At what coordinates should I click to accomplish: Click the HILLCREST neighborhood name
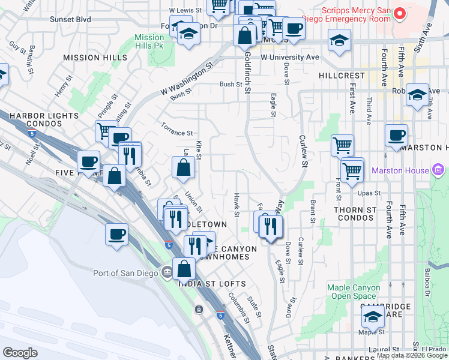(x=342, y=76)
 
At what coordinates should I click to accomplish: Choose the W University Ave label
(x=289, y=58)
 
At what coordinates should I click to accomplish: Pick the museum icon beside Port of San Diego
(x=166, y=273)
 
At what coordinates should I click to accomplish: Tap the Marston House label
(x=400, y=170)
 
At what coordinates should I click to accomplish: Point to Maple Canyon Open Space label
(x=354, y=292)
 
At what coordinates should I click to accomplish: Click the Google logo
(x=20, y=353)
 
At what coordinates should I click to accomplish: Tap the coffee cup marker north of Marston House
(x=396, y=136)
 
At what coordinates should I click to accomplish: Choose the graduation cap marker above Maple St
(x=373, y=316)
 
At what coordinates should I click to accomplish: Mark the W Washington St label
(x=187, y=80)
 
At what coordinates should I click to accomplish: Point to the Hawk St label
(x=237, y=205)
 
